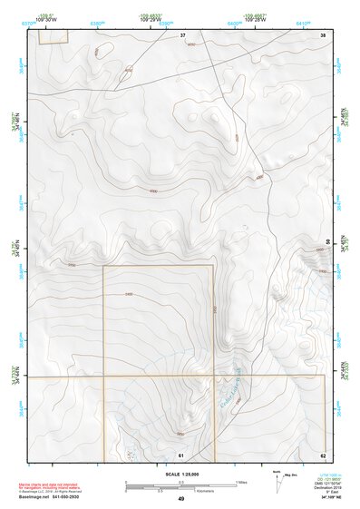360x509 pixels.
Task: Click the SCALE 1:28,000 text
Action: tap(180, 474)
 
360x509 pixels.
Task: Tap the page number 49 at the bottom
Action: tap(180, 499)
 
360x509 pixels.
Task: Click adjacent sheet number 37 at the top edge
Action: tap(182, 34)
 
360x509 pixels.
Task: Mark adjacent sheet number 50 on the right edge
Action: tap(327, 241)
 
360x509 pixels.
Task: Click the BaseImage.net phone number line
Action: tap(61, 496)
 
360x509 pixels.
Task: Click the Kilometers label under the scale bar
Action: tap(193, 489)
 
